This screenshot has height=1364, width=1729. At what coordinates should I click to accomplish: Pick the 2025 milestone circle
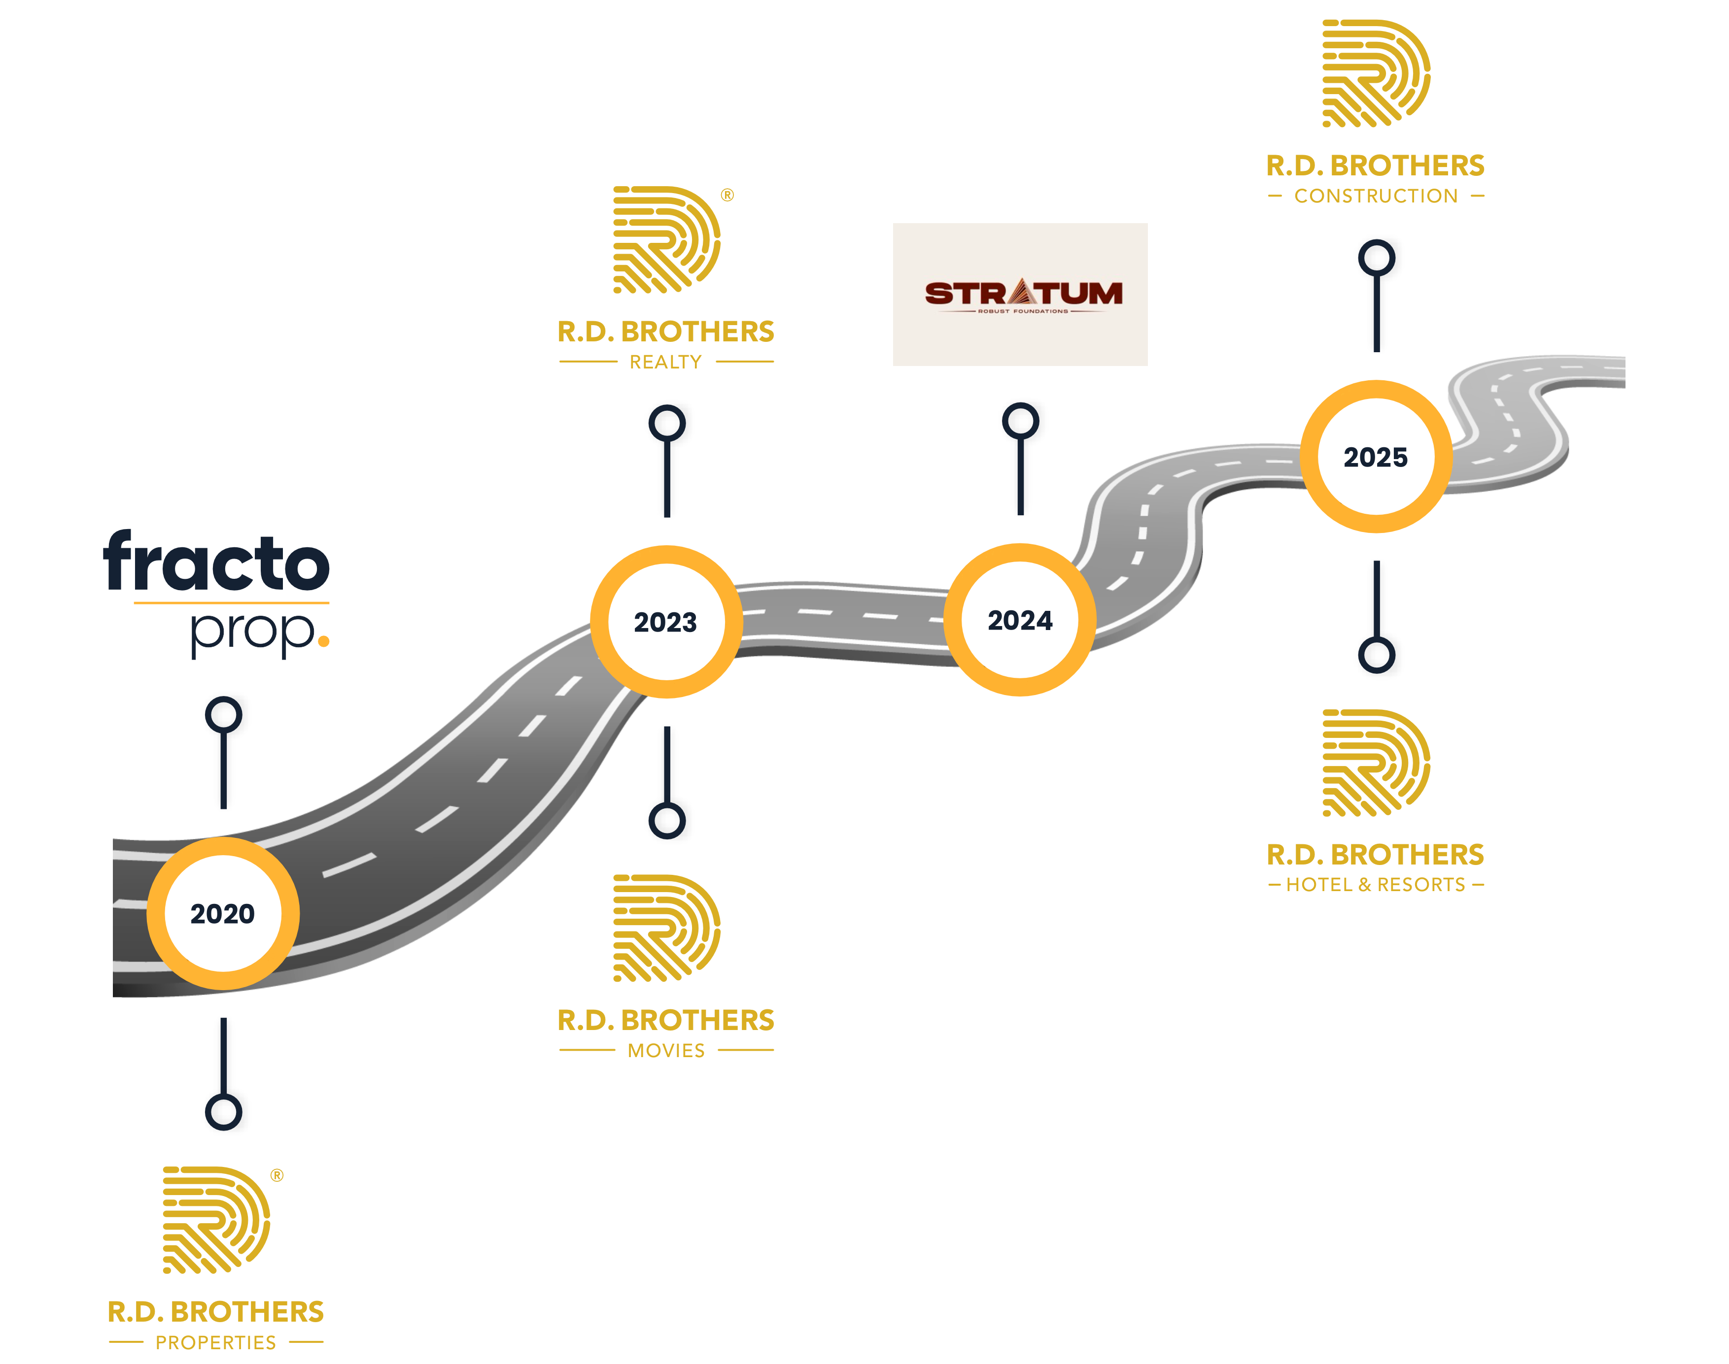point(1376,457)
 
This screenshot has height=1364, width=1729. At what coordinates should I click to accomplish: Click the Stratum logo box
point(1020,295)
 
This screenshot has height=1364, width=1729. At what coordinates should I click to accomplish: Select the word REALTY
point(665,362)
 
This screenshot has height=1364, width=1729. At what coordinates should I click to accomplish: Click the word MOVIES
point(666,1051)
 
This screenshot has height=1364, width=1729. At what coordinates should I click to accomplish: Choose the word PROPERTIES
point(216,1342)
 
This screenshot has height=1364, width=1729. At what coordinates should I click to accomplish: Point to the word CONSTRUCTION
point(1376,196)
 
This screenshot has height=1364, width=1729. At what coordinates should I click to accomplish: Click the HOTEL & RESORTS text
point(1376,885)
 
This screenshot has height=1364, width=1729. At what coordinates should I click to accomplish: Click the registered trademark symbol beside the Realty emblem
point(727,195)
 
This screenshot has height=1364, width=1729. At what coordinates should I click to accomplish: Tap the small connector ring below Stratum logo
point(1020,421)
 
